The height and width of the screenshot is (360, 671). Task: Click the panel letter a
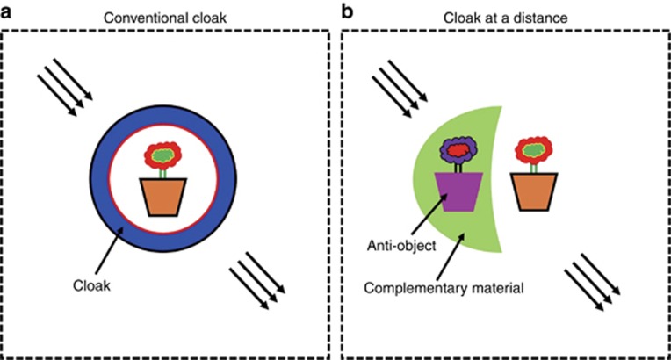tap(8, 10)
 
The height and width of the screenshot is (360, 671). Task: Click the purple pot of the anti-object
tap(459, 191)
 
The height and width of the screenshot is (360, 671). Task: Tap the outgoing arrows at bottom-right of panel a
tap(259, 281)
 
